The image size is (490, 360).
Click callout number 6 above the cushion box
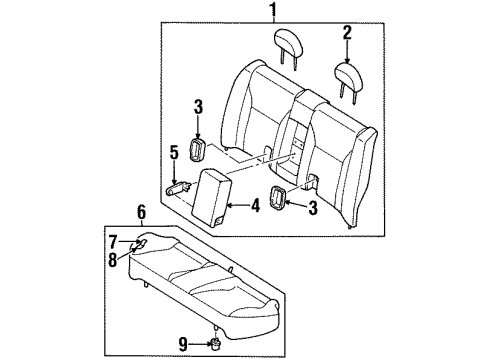114,241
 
